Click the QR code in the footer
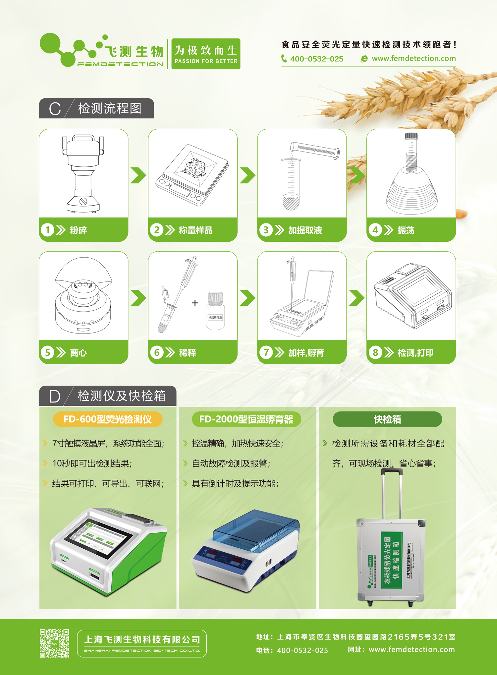click(54, 644)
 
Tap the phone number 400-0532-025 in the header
click(316, 59)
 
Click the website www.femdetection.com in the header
click(414, 59)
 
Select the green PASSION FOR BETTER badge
click(206, 54)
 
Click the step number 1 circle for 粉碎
click(47, 230)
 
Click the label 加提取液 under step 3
click(305, 230)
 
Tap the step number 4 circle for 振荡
click(375, 230)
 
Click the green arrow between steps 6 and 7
click(247, 298)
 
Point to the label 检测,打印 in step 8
click(415, 353)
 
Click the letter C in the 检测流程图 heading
click(55, 109)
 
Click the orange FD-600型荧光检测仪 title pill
click(108, 419)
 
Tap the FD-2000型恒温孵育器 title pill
click(246, 419)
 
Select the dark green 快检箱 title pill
click(387, 419)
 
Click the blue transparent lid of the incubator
click(255, 527)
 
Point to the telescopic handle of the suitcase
click(392, 491)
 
